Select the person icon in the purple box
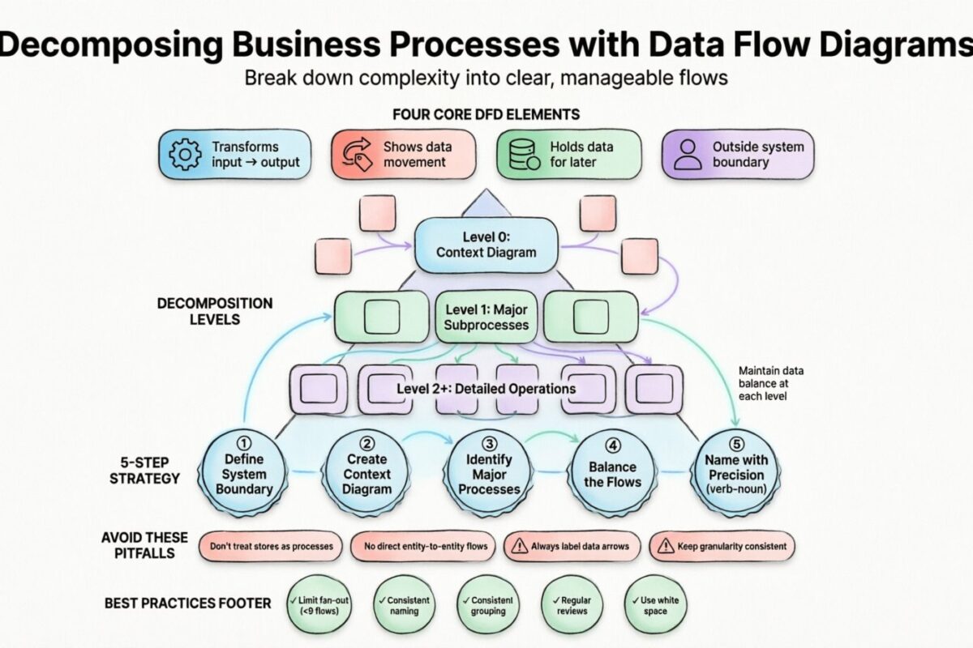coord(688,155)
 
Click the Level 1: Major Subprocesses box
coord(486,317)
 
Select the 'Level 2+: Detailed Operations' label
coord(486,389)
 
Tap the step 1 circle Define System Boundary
coord(244,474)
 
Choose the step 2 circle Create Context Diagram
coord(367,474)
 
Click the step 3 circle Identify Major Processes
coord(489,474)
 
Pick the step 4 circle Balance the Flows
coord(613,474)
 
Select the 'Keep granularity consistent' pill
coord(723,546)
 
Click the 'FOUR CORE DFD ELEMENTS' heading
coord(486,114)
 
